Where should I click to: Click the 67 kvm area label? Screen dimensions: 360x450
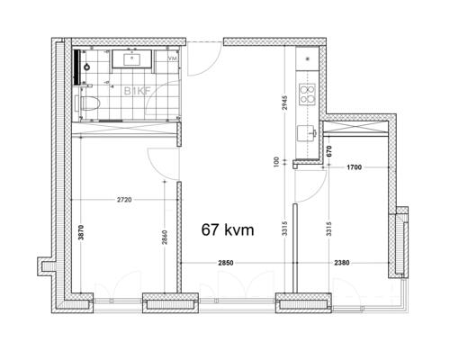[x=226, y=229]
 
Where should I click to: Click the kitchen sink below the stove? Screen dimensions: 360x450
[x=310, y=133]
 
